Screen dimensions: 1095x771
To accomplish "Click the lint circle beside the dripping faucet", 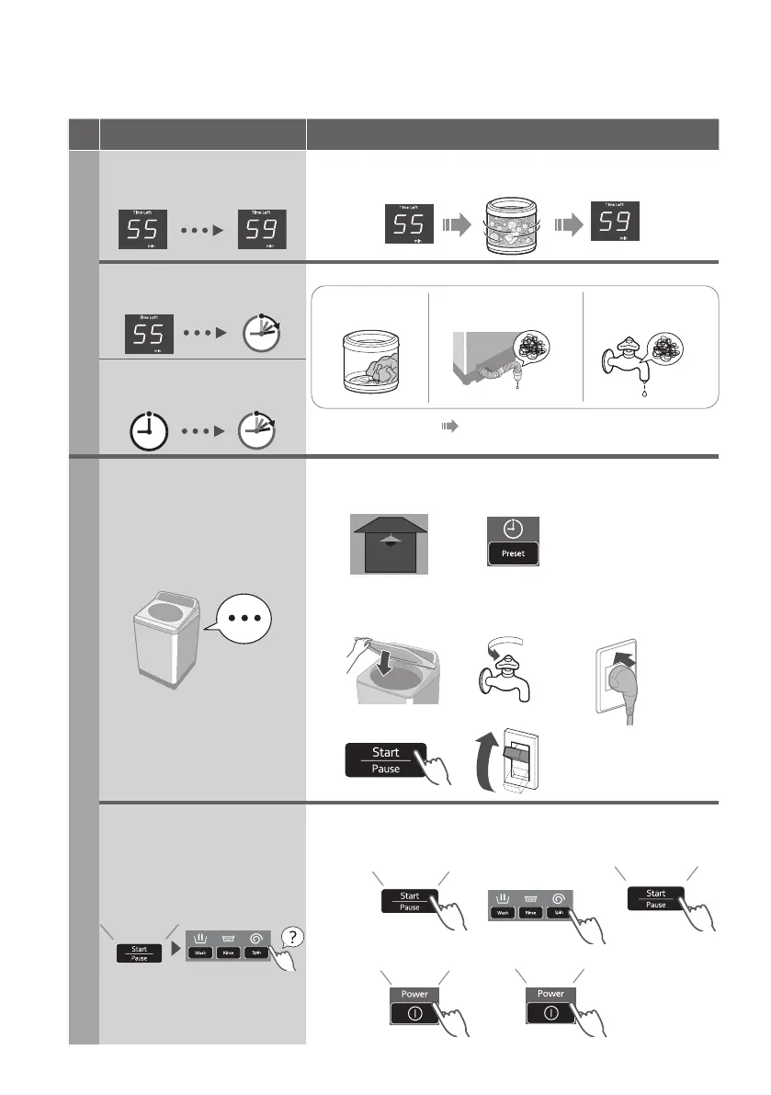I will coord(675,344).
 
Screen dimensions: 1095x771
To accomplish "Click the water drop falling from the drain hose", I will coord(520,388).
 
